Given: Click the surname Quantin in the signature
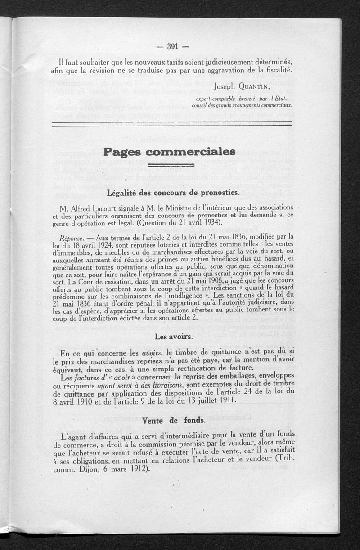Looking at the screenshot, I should point(269,86).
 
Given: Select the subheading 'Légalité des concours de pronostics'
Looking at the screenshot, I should point(173,193).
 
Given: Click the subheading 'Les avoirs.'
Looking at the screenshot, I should point(174,336).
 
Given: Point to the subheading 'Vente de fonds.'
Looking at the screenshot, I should point(174,420).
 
